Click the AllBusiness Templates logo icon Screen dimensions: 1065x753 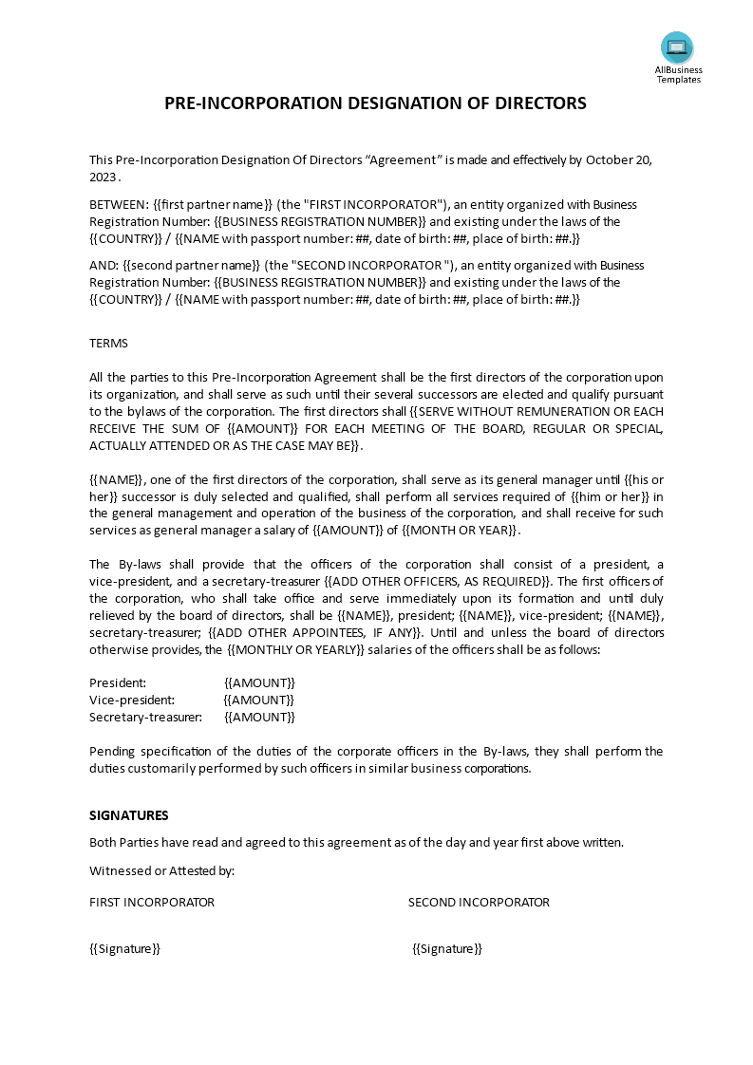click(677, 47)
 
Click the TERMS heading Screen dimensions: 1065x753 click(108, 343)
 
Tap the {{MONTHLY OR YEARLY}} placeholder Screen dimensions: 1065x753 click(296, 649)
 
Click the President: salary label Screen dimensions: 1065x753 click(118, 682)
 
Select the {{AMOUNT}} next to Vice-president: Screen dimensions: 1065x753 click(259, 700)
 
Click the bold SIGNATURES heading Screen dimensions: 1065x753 click(129, 814)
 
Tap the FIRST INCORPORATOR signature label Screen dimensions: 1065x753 click(152, 902)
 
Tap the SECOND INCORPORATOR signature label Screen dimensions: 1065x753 click(479, 902)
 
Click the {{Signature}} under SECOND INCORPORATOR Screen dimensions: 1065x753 click(447, 948)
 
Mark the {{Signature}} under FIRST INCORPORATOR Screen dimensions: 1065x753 click(124, 948)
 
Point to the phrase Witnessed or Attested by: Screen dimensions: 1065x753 click(161, 870)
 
